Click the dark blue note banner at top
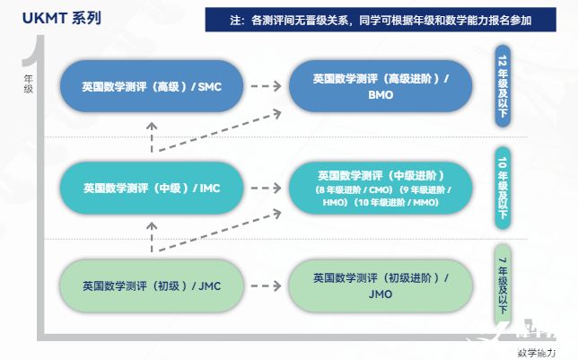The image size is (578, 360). pyautogui.click(x=381, y=18)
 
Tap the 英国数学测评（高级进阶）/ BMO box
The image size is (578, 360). pyautogui.click(x=381, y=86)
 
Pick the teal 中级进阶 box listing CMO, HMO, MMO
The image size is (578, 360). pyautogui.click(x=381, y=189)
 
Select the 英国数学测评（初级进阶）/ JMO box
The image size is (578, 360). pyautogui.click(x=381, y=286)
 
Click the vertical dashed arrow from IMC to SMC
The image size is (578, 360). pyautogui.click(x=152, y=137)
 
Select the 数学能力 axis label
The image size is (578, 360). pyautogui.click(x=537, y=352)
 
